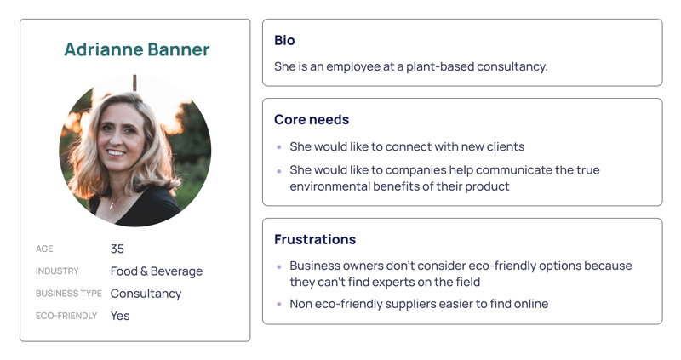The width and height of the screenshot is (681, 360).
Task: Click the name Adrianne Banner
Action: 137,49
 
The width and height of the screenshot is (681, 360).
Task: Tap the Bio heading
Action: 284,40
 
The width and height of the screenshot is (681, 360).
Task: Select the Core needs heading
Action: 312,119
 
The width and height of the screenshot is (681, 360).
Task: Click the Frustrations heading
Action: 315,239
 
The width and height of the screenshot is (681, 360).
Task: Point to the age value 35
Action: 117,249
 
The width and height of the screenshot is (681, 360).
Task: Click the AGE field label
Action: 44,249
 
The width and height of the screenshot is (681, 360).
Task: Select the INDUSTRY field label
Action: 57,271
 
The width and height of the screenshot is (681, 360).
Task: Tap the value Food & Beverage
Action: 157,271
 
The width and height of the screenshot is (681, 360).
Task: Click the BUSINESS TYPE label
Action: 69,294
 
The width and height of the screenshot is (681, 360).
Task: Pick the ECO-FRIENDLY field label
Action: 66,316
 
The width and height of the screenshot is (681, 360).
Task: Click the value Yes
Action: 120,316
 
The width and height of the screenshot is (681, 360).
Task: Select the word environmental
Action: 329,186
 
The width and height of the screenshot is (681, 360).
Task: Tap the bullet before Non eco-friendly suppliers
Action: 279,304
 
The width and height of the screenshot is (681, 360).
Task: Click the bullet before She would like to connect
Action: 279,147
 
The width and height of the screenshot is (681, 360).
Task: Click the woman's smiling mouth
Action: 116,153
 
